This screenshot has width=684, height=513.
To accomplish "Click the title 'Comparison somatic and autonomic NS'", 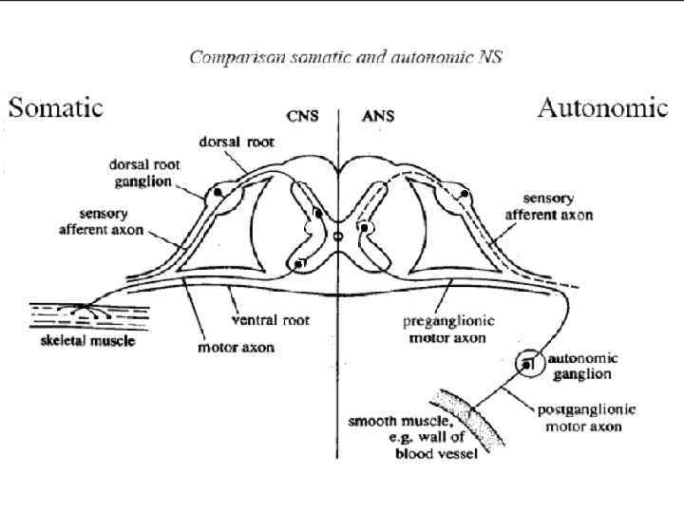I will coord(346,56).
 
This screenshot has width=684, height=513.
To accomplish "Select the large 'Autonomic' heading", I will coord(602,107).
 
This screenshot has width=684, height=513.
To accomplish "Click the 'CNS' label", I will coord(305,118).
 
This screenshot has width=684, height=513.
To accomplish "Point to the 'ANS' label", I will coord(378,118).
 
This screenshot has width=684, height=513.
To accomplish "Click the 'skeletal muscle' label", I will coord(82,340).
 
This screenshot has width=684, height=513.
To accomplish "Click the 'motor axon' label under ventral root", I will coord(235,347).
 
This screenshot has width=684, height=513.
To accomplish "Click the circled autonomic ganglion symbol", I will coord(527,364).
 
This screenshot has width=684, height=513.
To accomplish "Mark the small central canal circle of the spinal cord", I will coord(338,235).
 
